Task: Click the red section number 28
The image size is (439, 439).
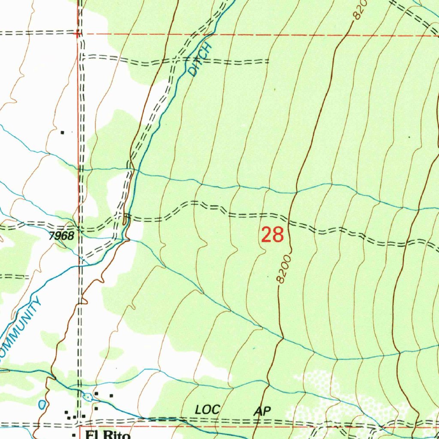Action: coord(273,235)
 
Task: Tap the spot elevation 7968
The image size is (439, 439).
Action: coord(61,235)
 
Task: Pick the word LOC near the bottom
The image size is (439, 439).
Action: coord(207,410)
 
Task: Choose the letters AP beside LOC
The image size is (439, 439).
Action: coord(262,411)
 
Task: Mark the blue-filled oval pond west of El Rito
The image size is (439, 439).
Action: coord(42,404)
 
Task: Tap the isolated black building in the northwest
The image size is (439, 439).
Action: coord(63,132)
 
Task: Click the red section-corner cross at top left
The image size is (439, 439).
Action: coord(78,33)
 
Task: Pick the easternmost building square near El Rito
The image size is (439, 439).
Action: coord(111,395)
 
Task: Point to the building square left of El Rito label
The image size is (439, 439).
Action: coord(74,435)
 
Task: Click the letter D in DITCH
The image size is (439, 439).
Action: coord(193,71)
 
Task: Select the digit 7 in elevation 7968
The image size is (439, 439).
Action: coord(51,235)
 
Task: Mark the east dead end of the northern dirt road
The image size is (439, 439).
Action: coord(269,62)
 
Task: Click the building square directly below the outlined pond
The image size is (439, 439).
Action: coord(96,408)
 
